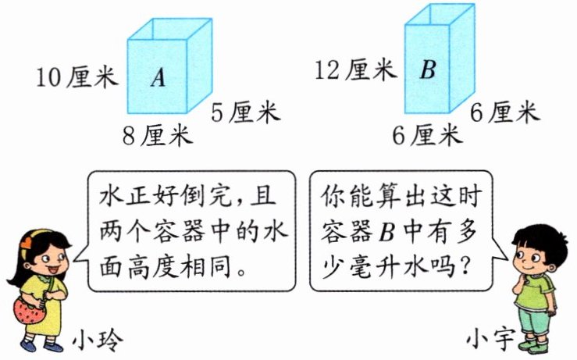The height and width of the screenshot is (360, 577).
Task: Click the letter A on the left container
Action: (x=158, y=77)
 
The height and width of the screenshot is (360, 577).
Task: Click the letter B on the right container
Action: (x=427, y=70)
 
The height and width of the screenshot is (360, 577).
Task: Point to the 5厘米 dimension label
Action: (x=244, y=113)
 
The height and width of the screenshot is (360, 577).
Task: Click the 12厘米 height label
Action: (x=355, y=70)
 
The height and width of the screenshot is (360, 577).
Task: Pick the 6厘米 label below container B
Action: (x=426, y=136)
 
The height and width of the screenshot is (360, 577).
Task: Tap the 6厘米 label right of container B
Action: (x=504, y=113)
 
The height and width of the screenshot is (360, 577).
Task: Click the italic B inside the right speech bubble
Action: (x=386, y=233)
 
